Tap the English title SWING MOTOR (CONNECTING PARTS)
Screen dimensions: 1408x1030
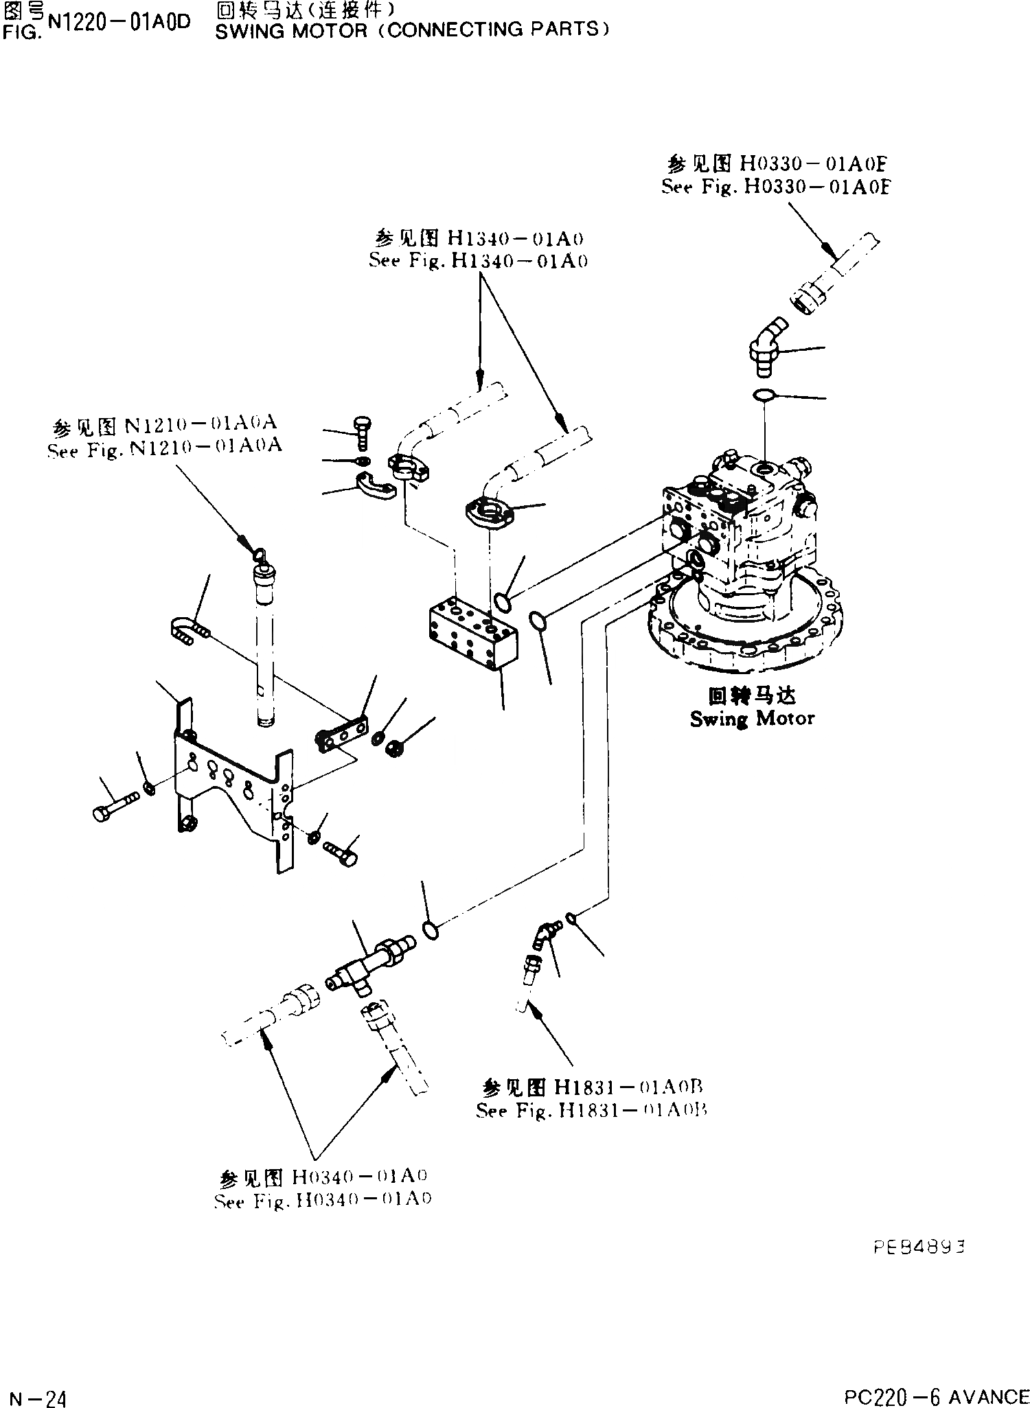coord(412,30)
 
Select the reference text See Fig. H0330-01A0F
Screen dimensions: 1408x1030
coord(775,187)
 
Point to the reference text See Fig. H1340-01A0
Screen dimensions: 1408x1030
coord(478,261)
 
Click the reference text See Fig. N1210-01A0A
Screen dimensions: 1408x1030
coord(165,447)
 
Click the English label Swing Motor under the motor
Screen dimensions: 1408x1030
coord(752,719)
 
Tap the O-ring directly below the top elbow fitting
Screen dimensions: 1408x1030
coord(764,395)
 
